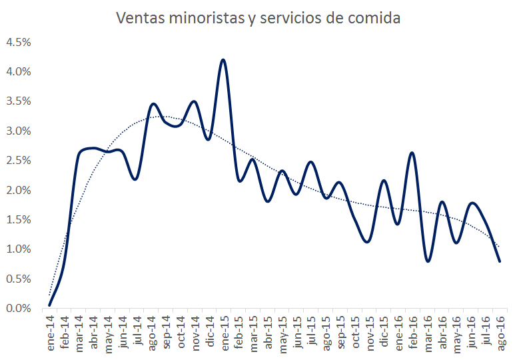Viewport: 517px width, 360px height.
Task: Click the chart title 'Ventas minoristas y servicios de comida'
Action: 258,18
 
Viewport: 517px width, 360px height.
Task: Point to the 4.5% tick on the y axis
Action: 19,42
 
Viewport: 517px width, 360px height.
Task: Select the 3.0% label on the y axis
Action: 19,131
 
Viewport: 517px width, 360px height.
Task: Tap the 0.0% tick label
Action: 19,308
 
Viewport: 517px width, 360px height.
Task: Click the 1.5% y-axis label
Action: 19,219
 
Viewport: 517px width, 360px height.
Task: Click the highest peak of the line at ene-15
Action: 223,60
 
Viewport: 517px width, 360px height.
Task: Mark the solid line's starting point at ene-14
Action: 50,305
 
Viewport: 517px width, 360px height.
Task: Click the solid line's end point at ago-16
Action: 500,261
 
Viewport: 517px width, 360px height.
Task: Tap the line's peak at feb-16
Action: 412,153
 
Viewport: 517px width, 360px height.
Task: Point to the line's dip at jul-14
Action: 136,179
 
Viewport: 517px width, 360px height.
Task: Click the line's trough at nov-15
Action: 368,241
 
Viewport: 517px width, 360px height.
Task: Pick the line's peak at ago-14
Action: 153,103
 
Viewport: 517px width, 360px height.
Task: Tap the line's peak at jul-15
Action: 311,162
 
